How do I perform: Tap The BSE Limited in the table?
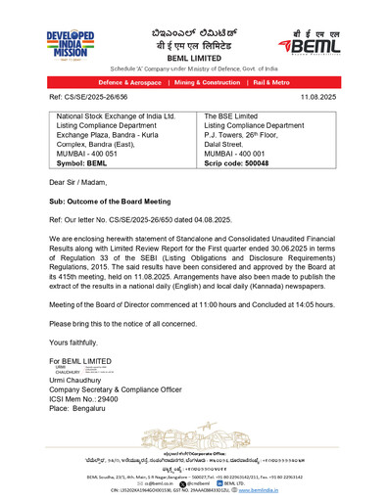(232, 115)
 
